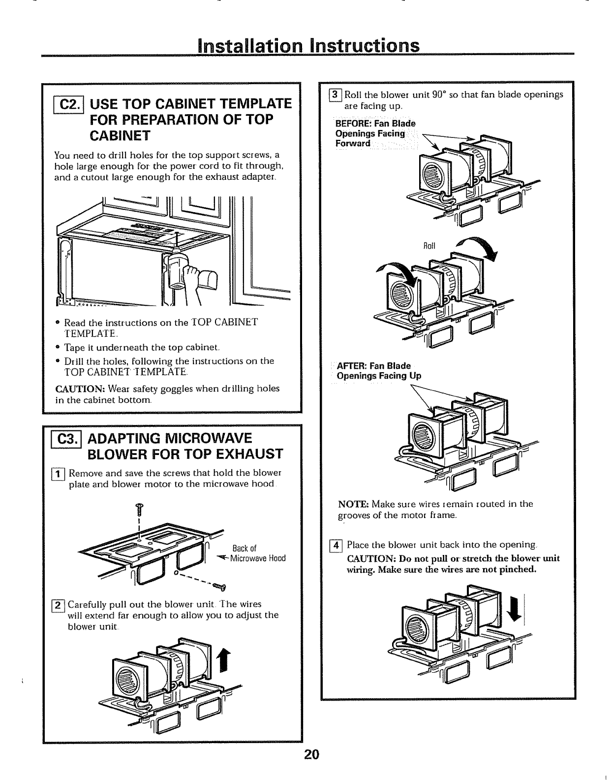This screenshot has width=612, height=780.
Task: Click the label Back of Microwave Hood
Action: (257, 553)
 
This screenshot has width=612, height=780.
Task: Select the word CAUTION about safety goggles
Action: (79, 389)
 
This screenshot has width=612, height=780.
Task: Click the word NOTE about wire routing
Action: (353, 504)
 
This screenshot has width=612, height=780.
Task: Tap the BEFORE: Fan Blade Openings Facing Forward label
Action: (375, 133)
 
